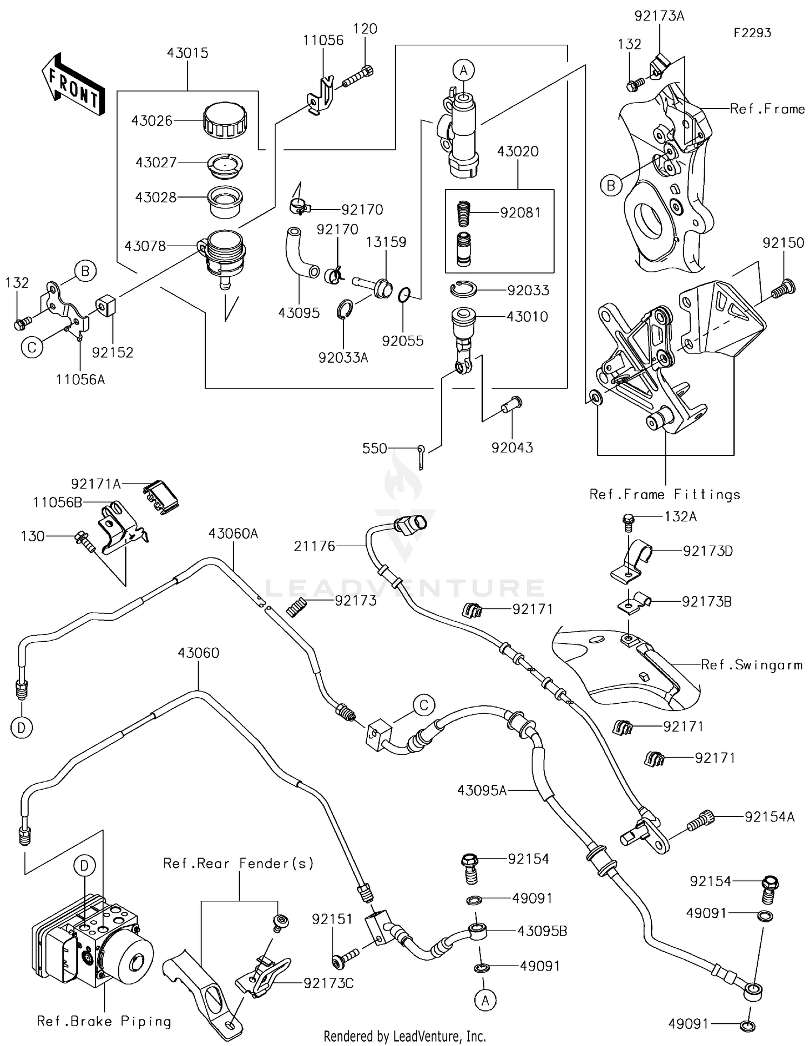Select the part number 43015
click(x=187, y=53)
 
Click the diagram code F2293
click(x=752, y=33)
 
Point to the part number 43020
click(x=517, y=151)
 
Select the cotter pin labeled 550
click(x=422, y=456)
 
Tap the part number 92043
click(x=511, y=447)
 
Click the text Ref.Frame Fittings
click(x=665, y=494)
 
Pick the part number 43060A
click(x=233, y=534)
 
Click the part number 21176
click(x=315, y=546)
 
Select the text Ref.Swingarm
click(x=751, y=665)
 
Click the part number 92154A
click(x=769, y=817)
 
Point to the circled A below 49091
click(x=485, y=1001)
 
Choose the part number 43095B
click(x=542, y=931)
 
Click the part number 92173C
click(x=328, y=983)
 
